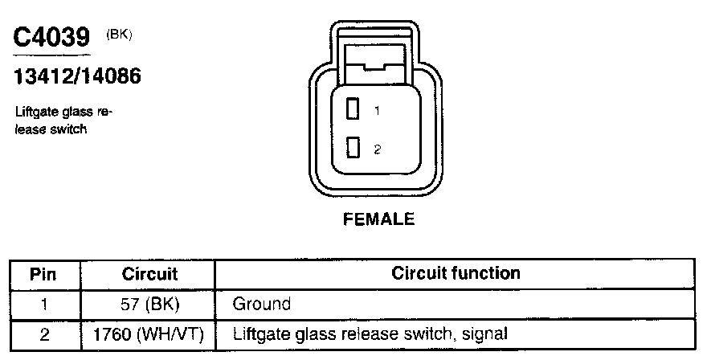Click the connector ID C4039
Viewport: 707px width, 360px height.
tap(51, 39)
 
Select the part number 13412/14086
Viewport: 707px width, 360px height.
tap(77, 77)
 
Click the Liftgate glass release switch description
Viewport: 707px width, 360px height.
tap(63, 121)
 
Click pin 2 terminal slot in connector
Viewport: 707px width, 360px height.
tap(352, 149)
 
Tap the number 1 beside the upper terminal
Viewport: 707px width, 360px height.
tap(376, 111)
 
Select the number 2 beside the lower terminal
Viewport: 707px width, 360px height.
tap(376, 149)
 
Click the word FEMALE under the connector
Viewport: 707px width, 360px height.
tap(379, 219)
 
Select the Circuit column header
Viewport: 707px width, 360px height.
tap(149, 274)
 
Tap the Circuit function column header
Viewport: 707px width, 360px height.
tap(456, 273)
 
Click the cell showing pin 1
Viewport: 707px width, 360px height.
tap(43, 305)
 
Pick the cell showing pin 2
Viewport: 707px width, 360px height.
tap(43, 333)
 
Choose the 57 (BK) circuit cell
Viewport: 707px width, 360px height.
tap(149, 305)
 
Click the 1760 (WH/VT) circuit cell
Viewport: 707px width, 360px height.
tap(149, 333)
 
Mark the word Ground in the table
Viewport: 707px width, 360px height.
tap(261, 305)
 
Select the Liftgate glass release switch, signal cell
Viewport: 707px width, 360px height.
tap(370, 333)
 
